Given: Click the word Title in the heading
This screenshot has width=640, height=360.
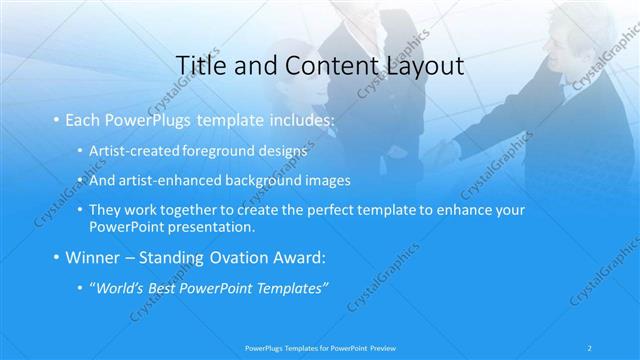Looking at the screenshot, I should tap(198, 66).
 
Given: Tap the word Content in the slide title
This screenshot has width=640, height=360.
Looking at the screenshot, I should tap(317, 66).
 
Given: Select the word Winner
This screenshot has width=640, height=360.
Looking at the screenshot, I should tap(96, 257).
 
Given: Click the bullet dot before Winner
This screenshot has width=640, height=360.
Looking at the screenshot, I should tap(56, 258).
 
